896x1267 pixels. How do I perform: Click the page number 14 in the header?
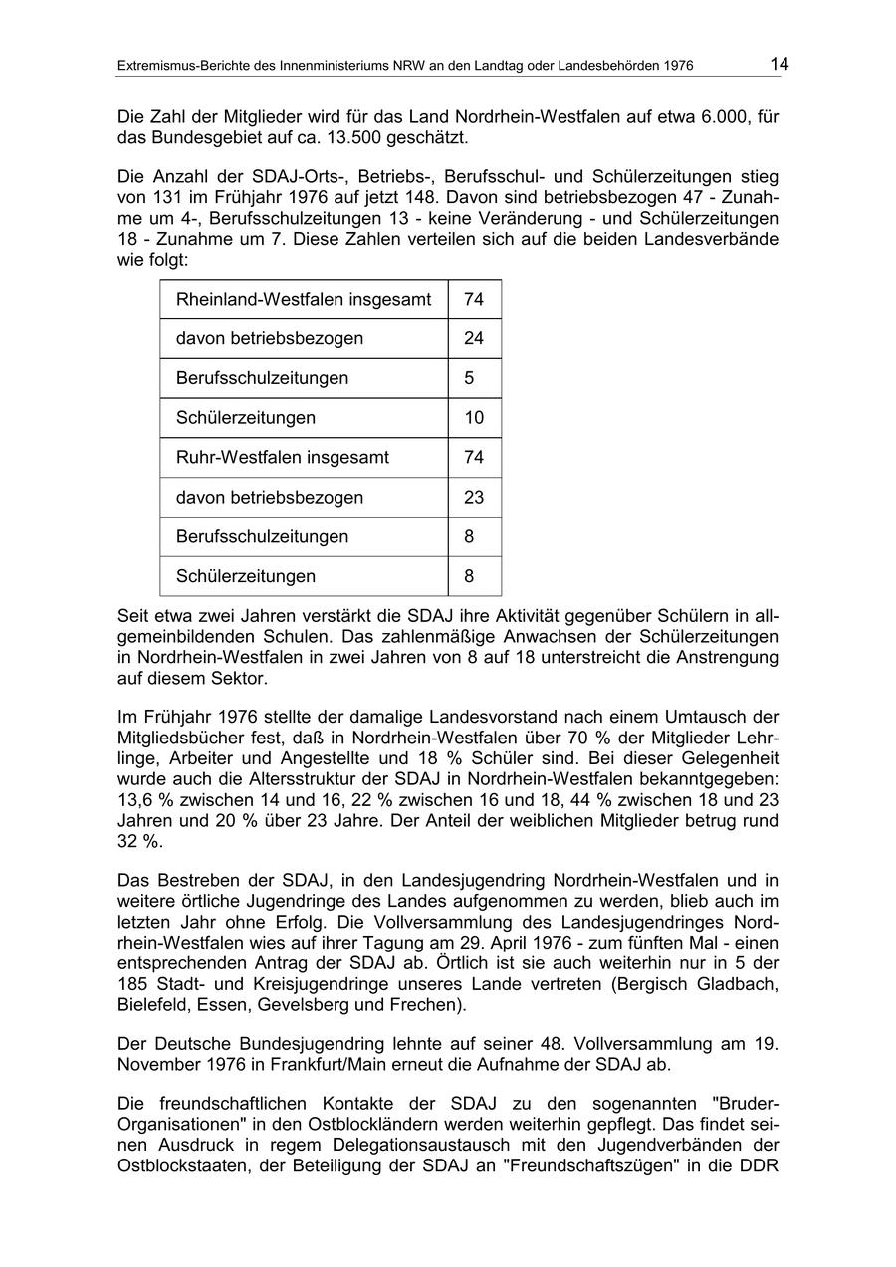point(779,65)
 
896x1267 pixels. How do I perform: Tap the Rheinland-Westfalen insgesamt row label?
point(304,299)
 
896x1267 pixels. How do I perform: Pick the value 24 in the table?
point(474,338)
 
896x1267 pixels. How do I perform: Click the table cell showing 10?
point(474,418)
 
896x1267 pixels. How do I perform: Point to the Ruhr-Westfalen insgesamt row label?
point(283,458)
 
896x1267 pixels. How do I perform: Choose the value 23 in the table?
point(474,498)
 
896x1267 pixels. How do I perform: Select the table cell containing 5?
point(469,378)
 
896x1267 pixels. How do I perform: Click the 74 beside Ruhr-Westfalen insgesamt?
point(474,458)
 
